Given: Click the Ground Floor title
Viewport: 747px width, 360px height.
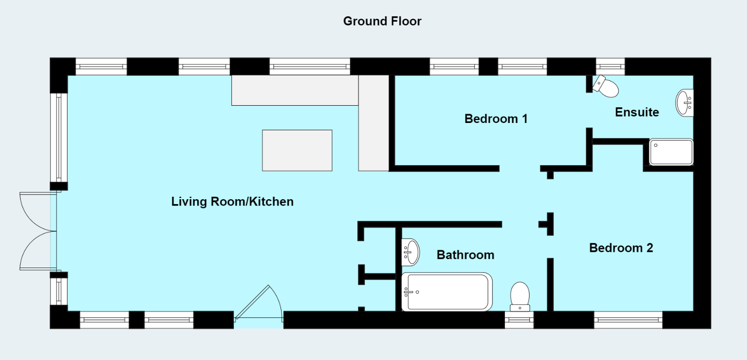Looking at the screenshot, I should (x=382, y=21).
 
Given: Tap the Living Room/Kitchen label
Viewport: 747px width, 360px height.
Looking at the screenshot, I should (x=232, y=202).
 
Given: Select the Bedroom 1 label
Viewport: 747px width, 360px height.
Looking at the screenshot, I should (x=496, y=119).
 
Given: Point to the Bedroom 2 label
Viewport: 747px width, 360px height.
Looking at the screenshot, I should (x=621, y=248).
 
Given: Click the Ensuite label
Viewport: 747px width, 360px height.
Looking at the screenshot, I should (x=637, y=112).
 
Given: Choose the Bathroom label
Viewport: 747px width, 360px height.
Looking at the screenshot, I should (x=466, y=255).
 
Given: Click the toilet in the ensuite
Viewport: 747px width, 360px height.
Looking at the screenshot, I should (x=606, y=87).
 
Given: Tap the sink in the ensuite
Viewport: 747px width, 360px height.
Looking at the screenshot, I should (x=685, y=103).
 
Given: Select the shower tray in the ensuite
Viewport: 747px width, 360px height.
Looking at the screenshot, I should (x=671, y=152).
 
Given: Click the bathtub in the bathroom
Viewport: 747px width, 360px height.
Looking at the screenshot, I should (x=447, y=292).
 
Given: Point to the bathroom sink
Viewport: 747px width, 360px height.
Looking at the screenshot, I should (x=410, y=251).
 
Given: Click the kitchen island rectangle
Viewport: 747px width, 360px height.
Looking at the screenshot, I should (x=297, y=150).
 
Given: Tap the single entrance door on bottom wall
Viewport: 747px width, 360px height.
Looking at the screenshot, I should (x=258, y=305).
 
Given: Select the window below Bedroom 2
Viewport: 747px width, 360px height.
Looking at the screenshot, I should (x=628, y=320).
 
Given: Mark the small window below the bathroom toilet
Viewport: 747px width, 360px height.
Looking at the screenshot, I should (x=519, y=320).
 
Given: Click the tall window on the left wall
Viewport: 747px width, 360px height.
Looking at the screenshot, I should (x=59, y=137).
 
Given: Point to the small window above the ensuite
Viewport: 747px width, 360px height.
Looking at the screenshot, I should (x=610, y=66).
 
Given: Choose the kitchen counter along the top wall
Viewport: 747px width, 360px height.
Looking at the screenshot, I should (x=294, y=90).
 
